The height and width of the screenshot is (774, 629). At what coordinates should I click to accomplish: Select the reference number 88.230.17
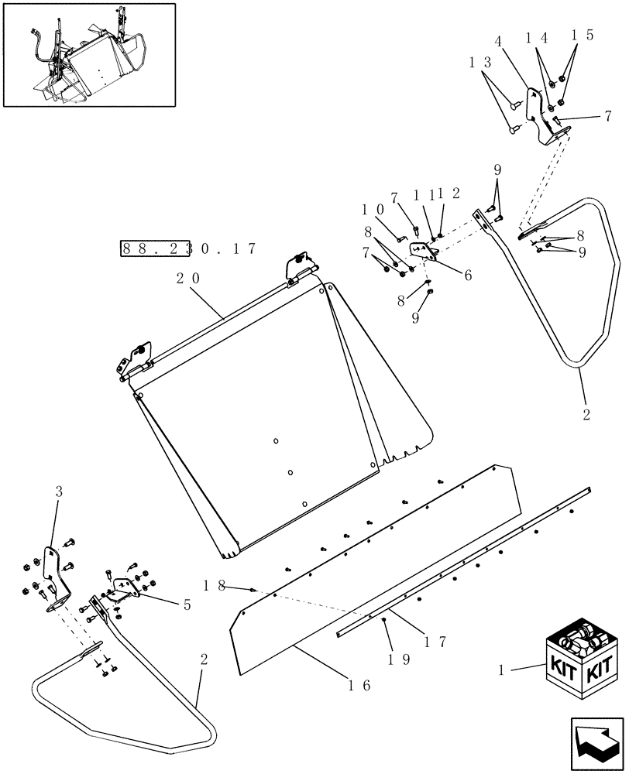tap(188, 248)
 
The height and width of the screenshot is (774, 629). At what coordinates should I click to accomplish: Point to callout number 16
tap(360, 685)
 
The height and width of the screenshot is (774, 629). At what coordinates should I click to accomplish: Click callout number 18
tap(215, 586)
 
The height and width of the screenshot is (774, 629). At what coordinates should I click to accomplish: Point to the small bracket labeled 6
tap(423, 252)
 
